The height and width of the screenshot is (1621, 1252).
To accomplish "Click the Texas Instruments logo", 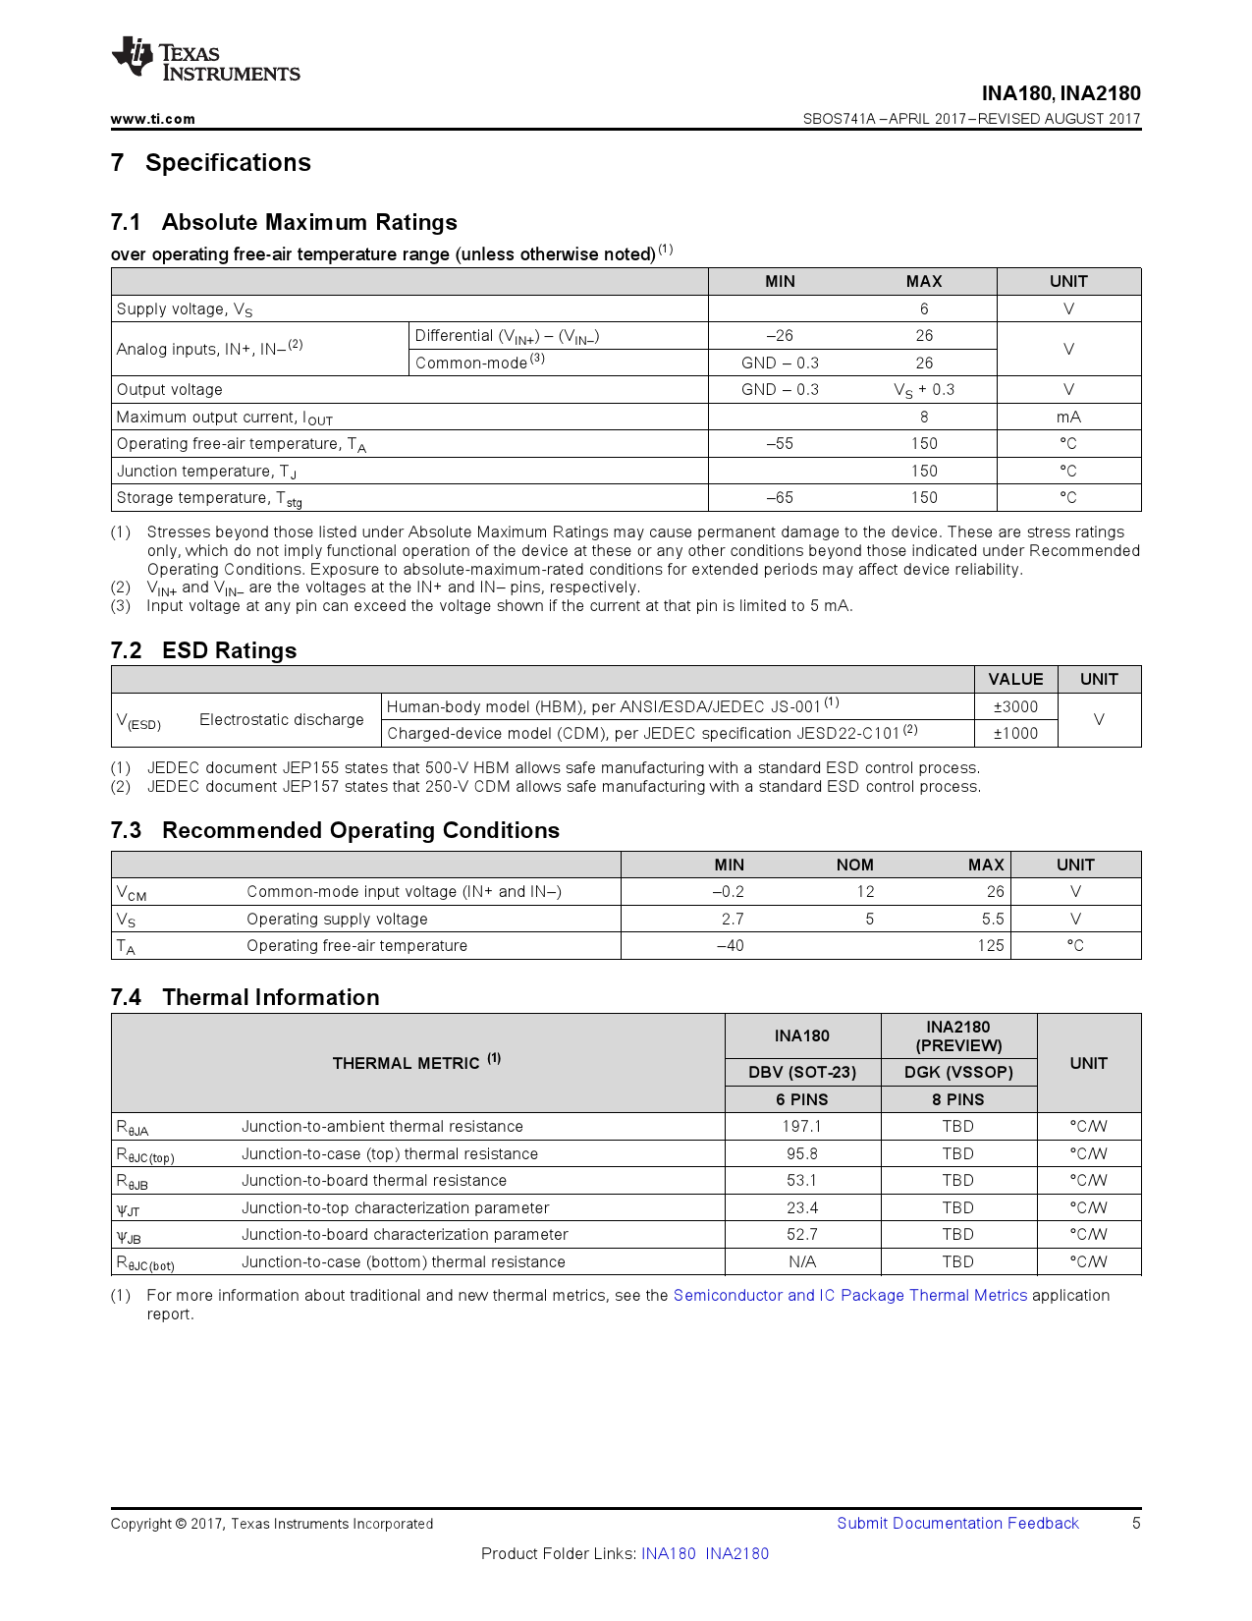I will coord(204,61).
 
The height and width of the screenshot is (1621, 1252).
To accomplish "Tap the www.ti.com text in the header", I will coord(153,119).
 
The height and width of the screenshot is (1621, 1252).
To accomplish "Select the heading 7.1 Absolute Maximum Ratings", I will coord(284,222).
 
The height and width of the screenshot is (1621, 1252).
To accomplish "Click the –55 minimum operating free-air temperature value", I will coord(780,444).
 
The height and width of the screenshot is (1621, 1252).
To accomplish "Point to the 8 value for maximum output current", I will coord(924,417).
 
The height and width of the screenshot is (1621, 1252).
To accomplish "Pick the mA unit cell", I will coord(1068,417).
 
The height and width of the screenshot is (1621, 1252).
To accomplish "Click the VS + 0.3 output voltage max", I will coord(924,390).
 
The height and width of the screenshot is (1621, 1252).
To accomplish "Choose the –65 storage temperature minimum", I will coord(780,498).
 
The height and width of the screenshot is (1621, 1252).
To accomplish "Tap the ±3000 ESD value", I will coord(1015,706).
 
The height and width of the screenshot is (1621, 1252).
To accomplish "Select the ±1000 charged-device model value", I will coord(1015,733).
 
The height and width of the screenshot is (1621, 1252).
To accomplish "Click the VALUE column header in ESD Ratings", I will coord(1015,679).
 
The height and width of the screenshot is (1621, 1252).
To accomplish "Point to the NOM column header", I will coord(854,865).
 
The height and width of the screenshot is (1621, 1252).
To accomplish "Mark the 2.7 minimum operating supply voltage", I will coord(733,919).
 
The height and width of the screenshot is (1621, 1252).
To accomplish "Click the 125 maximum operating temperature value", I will coord(991,945).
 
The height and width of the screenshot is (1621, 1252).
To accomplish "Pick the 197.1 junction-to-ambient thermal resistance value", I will coord(802,1126).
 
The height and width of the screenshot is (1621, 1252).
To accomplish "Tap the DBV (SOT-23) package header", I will coord(802,1072).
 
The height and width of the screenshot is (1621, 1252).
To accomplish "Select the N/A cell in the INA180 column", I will coord(802,1261).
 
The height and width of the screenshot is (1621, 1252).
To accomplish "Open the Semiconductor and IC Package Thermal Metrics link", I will coord(850,1295).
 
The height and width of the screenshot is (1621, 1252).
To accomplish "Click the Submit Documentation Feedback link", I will coord(957,1523).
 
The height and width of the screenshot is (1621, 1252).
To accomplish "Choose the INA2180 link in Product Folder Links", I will coord(737,1553).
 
